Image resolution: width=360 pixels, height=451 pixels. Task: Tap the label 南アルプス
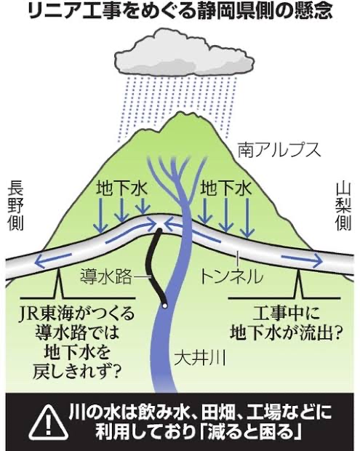click(279, 150)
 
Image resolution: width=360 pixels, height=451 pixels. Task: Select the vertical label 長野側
click(16, 207)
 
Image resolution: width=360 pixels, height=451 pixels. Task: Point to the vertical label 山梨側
click(343, 207)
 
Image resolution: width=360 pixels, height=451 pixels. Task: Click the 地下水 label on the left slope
click(121, 188)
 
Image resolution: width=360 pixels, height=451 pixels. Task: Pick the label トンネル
click(231, 276)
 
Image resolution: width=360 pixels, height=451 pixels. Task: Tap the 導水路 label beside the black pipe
click(106, 276)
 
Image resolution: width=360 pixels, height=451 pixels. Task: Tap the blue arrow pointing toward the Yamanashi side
click(302, 259)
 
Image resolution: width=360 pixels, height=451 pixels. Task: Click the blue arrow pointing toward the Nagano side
click(52, 260)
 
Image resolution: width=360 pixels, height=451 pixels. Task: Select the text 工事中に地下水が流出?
click(286, 323)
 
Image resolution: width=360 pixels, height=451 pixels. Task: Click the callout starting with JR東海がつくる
click(77, 343)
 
